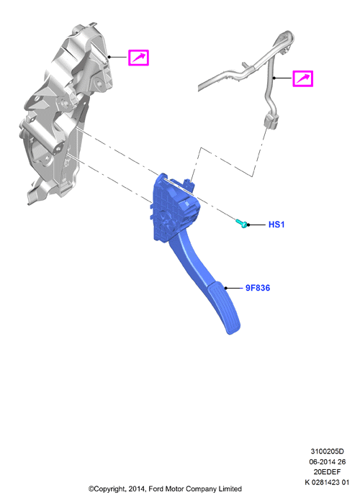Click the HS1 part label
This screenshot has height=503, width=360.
[276, 225]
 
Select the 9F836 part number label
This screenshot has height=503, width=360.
[258, 288]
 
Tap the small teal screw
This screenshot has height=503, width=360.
[242, 223]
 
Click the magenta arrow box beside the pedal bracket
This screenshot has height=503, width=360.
[138, 58]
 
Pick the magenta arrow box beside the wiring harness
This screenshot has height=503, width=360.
[302, 78]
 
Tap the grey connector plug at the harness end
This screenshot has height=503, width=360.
[271, 121]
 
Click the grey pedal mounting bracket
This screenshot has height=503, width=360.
[64, 112]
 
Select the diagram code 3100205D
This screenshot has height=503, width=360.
[327, 451]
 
